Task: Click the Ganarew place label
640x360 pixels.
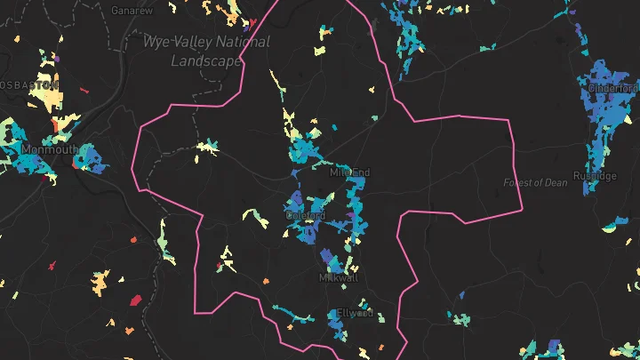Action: (x=131, y=11)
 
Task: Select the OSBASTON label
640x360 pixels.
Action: (x=28, y=85)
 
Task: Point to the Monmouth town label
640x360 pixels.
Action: (x=47, y=148)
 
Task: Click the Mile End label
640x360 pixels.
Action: (x=349, y=172)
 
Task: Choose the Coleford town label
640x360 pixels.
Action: (x=306, y=216)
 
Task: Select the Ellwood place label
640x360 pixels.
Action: (x=354, y=314)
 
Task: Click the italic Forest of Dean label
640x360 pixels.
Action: (x=535, y=183)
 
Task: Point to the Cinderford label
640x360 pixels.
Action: (x=612, y=88)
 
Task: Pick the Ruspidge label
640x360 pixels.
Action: (x=595, y=176)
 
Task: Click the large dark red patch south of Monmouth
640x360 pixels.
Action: (x=136, y=300)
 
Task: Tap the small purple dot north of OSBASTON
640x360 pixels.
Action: (x=55, y=59)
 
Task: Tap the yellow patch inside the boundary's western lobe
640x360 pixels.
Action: (x=208, y=147)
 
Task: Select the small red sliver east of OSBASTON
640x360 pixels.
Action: (x=85, y=89)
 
